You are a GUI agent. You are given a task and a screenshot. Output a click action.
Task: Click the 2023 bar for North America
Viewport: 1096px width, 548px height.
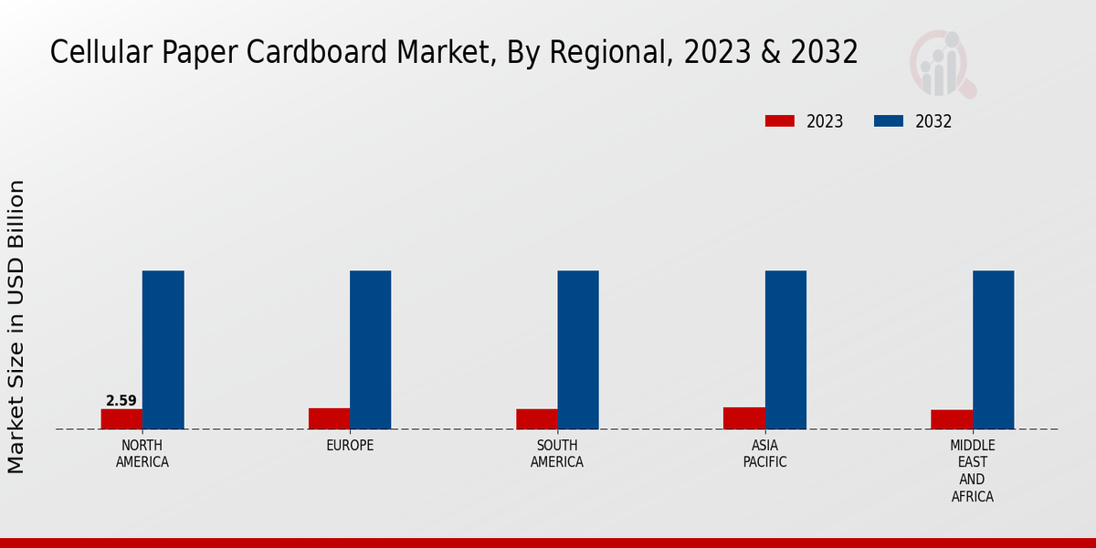(x=121, y=418)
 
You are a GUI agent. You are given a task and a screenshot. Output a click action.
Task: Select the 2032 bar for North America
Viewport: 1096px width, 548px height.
(x=163, y=350)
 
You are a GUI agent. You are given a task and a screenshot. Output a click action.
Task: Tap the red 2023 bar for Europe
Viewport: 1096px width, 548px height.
(x=329, y=418)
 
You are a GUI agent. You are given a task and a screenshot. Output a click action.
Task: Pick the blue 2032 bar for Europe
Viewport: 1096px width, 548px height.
(x=370, y=350)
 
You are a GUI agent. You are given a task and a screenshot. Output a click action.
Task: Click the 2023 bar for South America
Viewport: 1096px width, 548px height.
(x=536, y=419)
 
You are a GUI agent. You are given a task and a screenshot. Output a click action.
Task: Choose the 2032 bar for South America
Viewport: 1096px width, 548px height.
(x=578, y=350)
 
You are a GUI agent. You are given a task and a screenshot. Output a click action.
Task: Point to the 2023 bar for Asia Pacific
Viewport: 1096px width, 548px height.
(x=743, y=417)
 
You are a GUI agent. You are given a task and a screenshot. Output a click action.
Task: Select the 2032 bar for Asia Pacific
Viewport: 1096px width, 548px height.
(x=785, y=350)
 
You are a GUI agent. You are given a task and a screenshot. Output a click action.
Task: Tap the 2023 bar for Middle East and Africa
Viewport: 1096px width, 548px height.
(x=952, y=419)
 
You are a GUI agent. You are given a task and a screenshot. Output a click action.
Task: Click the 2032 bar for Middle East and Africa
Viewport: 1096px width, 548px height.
(x=993, y=350)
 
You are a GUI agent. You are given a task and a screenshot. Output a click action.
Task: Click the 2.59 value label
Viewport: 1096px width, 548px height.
(x=121, y=401)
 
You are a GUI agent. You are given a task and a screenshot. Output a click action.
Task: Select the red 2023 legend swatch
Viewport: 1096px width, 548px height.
(x=780, y=121)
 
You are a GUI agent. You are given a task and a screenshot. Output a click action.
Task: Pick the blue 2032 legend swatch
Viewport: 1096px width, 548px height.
(x=889, y=121)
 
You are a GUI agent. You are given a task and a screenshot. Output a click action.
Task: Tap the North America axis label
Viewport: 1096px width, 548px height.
(x=142, y=454)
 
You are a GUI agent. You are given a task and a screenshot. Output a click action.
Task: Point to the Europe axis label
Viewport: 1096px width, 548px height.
(x=350, y=446)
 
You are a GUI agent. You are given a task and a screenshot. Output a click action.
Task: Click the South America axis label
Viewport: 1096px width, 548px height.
(x=557, y=454)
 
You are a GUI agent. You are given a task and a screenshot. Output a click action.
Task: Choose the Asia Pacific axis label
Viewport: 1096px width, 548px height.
(x=764, y=454)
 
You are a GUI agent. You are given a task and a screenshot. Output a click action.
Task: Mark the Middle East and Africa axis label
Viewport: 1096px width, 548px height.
(x=972, y=471)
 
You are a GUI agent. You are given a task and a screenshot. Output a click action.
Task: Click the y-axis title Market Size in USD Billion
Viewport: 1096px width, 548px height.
(x=17, y=327)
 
